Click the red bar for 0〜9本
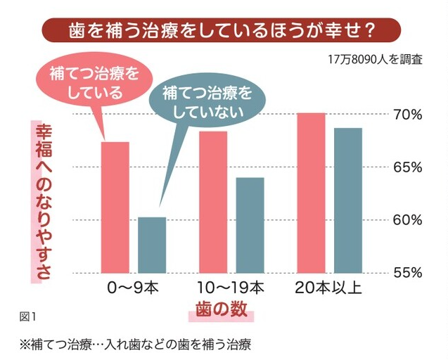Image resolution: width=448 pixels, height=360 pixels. pyautogui.click(x=115, y=207)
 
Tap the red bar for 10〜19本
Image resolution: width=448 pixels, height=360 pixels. pyautogui.click(x=213, y=202)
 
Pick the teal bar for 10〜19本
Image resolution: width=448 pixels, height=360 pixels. pyautogui.click(x=250, y=225)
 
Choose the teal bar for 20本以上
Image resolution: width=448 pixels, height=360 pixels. pyautogui.click(x=347, y=200)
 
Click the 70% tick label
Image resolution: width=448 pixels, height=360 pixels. pyautogui.click(x=407, y=115)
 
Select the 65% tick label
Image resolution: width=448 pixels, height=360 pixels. pyautogui.click(x=407, y=167)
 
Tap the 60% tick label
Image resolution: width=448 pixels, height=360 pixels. pyautogui.click(x=407, y=219)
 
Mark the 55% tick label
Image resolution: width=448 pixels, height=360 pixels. pyautogui.click(x=407, y=272)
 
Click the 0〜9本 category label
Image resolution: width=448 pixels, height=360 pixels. pyautogui.click(x=133, y=288)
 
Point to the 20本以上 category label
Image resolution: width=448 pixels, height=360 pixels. pyautogui.click(x=328, y=288)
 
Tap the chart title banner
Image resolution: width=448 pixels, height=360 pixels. pyautogui.click(x=222, y=30)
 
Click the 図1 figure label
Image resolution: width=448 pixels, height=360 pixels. pyautogui.click(x=29, y=313)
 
